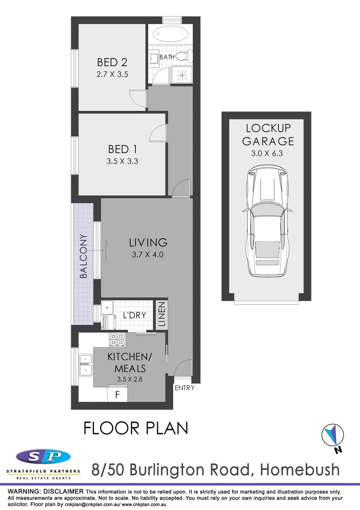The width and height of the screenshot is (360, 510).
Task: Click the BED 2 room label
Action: [x=112, y=62]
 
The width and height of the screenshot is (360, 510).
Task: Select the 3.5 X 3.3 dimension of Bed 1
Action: [x=123, y=161]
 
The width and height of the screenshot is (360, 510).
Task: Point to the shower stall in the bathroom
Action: [x=181, y=75]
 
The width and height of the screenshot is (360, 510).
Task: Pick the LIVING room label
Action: [x=148, y=243]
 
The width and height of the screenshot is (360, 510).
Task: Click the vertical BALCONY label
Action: [x=84, y=256]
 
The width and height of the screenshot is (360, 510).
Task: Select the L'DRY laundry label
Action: [x=134, y=315]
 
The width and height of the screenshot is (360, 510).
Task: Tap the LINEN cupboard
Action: [x=161, y=315]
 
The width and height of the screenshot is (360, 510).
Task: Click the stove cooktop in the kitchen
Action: [x=117, y=339]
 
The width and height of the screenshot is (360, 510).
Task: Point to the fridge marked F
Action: [x=117, y=393]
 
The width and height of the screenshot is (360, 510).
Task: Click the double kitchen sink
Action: [x=86, y=365]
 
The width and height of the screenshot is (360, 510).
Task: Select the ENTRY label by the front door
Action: [x=184, y=388]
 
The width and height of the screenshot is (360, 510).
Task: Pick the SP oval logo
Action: [x=43, y=457]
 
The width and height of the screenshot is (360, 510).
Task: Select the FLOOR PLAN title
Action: [x=136, y=428]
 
